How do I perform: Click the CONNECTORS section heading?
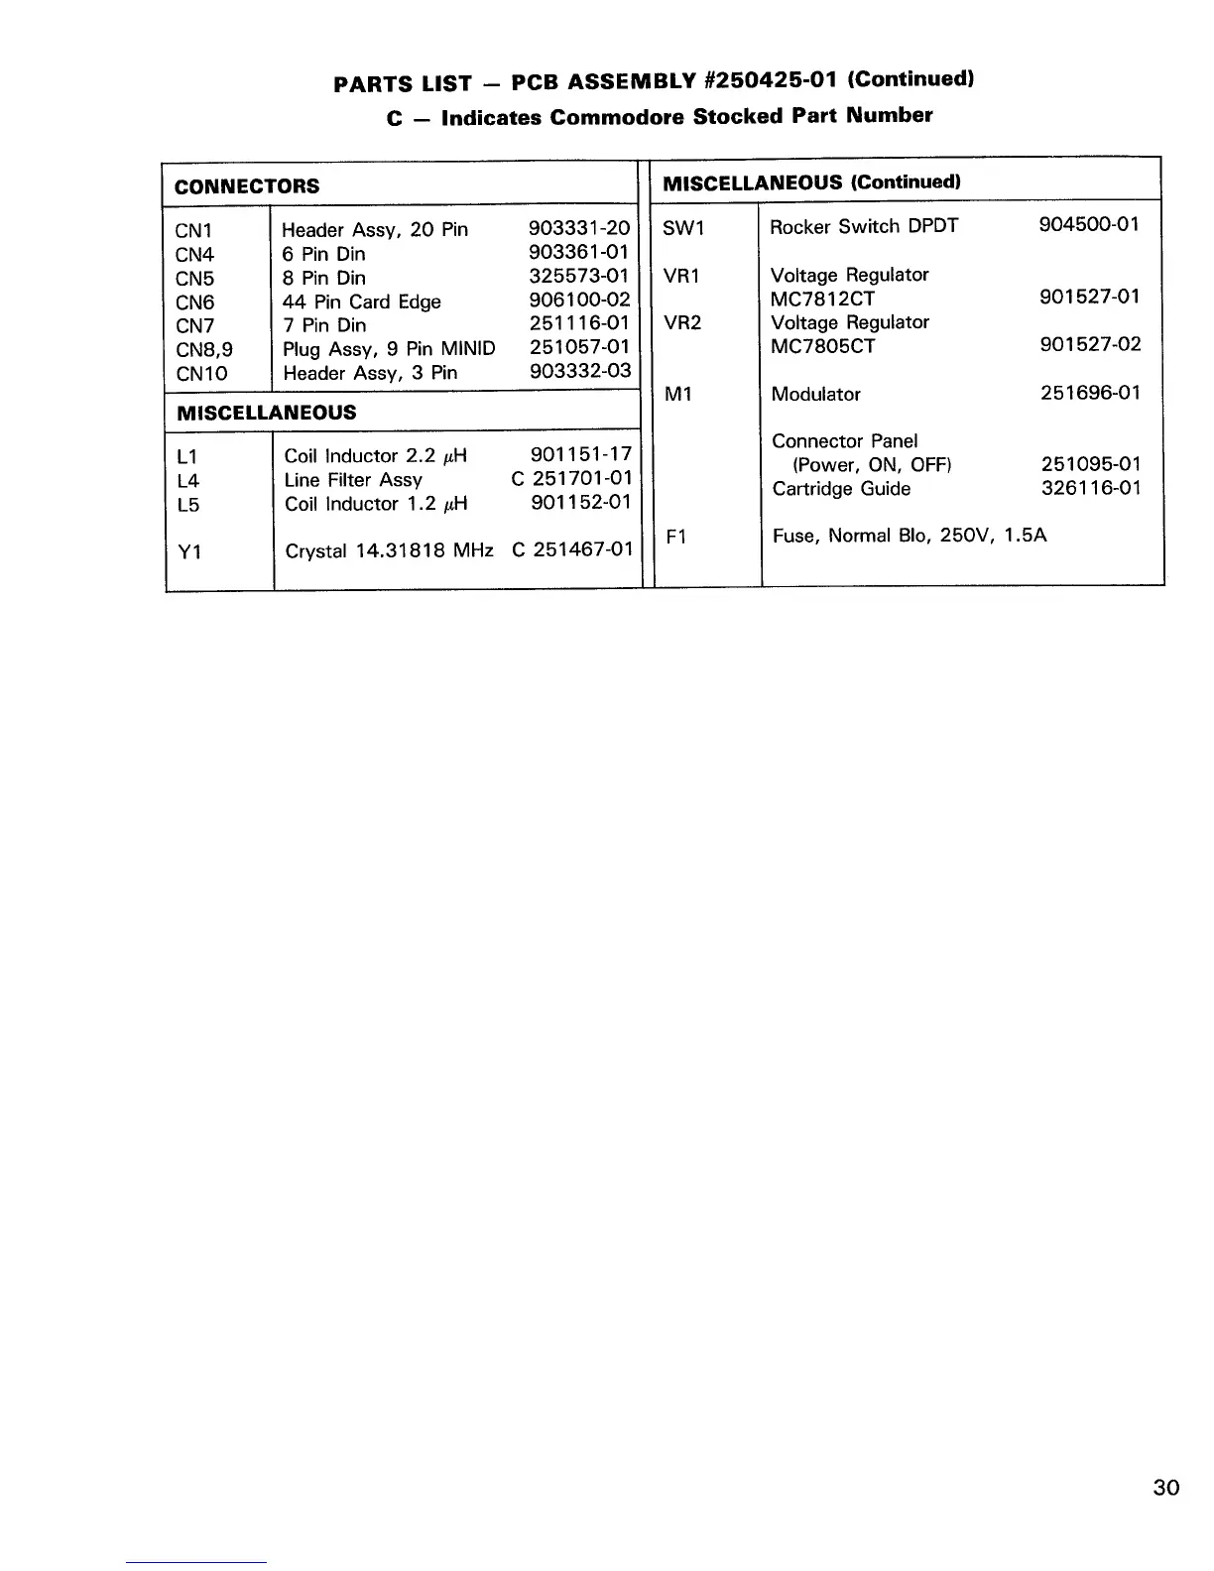247,186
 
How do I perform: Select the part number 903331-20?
579,229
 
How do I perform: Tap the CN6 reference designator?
194,302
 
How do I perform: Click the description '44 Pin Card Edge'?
361,302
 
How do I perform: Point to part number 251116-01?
579,324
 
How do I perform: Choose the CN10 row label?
201,374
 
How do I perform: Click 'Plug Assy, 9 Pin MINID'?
389,349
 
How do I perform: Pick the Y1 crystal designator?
189,551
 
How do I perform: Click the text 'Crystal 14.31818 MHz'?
389,550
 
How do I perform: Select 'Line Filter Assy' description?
353,480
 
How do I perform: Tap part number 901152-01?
581,503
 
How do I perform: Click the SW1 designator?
682,228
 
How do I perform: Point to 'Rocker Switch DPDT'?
864,226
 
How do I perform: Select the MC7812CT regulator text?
822,299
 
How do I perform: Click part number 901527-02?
1090,344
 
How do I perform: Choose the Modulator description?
815,394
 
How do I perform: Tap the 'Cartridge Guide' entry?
841,489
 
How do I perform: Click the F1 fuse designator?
676,538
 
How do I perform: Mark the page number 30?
1166,1488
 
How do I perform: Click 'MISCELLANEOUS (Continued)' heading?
811,182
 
